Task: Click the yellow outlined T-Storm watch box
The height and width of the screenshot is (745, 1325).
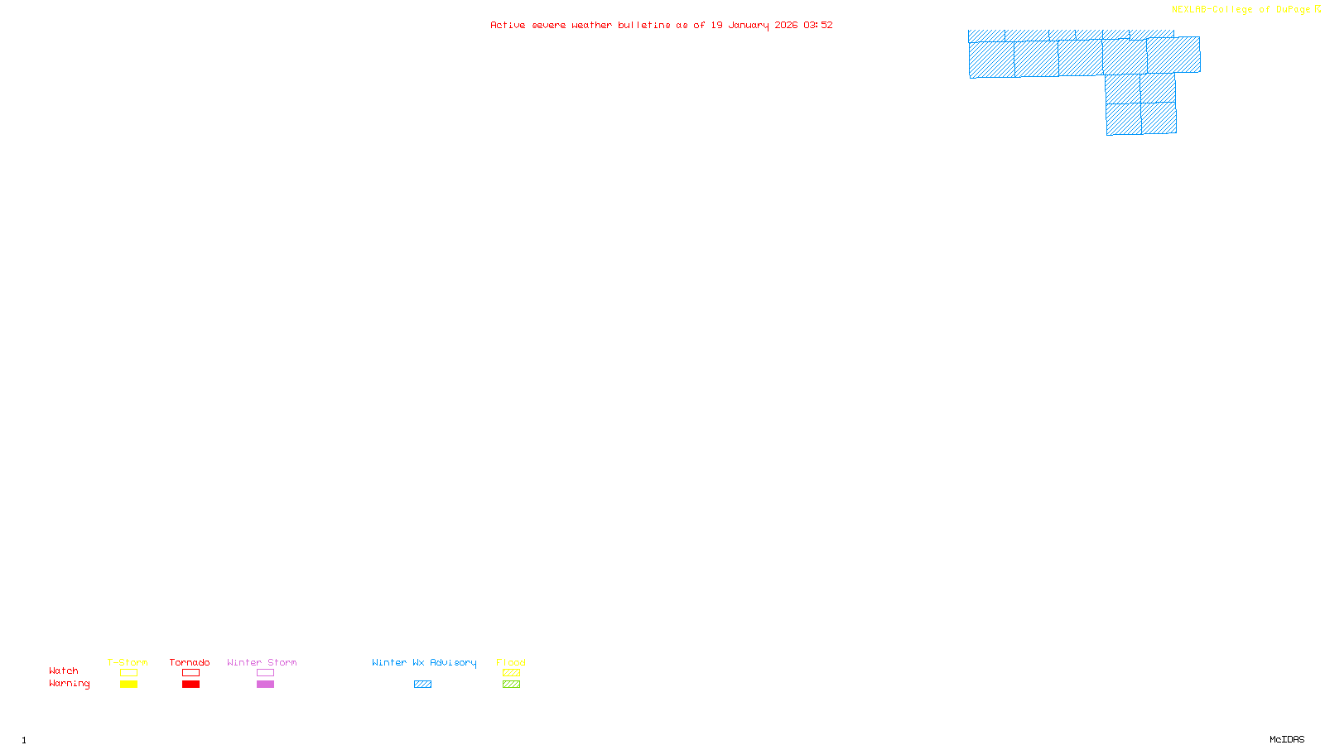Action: pyautogui.click(x=128, y=673)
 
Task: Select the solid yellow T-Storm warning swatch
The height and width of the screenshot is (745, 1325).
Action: pyautogui.click(x=128, y=685)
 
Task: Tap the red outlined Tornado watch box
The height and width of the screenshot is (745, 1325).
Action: pyautogui.click(x=190, y=673)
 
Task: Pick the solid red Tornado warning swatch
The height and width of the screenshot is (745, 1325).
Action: pyautogui.click(x=190, y=685)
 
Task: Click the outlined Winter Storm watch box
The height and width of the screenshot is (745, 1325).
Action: pyautogui.click(x=265, y=673)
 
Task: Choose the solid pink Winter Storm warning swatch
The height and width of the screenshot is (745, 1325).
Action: pyautogui.click(x=265, y=685)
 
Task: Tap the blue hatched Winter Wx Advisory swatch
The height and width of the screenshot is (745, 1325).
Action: pyautogui.click(x=422, y=685)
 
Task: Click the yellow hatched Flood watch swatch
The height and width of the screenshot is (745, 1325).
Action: pyautogui.click(x=511, y=673)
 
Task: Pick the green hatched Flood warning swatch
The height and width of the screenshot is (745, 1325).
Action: pyautogui.click(x=511, y=685)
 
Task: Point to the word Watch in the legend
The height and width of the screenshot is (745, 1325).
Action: pyautogui.click(x=64, y=671)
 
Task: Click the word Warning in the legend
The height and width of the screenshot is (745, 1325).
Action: pyautogui.click(x=69, y=684)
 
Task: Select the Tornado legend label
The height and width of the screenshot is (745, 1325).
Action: pyautogui.click(x=190, y=662)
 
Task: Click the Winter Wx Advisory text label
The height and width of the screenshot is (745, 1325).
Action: pyautogui.click(x=424, y=662)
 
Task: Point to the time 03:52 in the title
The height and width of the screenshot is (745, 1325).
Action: pyautogui.click(x=817, y=25)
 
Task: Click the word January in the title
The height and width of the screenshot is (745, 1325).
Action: pyautogui.click(x=748, y=25)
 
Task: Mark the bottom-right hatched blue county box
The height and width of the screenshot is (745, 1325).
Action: pyautogui.click(x=1159, y=118)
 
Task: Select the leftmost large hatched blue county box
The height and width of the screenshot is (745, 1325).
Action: pyautogui.click(x=991, y=60)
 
